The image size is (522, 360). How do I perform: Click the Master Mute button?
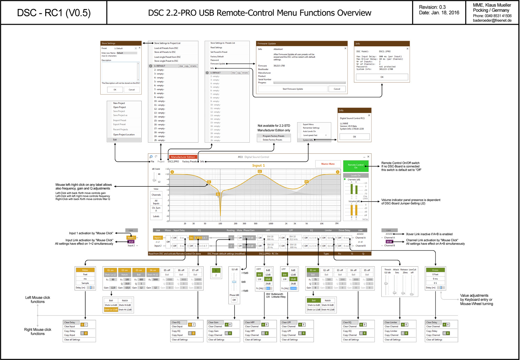point(328,164)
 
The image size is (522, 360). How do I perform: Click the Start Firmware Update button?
point(293,89)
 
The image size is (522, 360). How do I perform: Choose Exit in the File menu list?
point(115,140)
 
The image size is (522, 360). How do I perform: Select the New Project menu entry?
point(119,103)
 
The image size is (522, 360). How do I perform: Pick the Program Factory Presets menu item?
point(274,136)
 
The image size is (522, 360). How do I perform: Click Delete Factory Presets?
point(272,140)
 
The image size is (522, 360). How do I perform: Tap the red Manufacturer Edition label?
point(183,157)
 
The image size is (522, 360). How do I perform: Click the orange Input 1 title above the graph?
point(259,166)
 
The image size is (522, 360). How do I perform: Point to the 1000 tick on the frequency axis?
point(271,224)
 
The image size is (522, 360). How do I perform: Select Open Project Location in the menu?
point(124,135)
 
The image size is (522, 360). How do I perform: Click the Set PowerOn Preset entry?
point(219,52)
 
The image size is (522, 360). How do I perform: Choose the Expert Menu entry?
point(308,125)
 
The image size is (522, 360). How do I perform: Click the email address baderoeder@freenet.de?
point(492,21)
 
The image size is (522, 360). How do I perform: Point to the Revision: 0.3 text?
point(432,7)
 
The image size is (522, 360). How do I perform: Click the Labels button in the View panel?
point(156,216)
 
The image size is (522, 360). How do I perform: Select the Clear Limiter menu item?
point(391,322)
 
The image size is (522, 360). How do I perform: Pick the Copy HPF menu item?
point(250,331)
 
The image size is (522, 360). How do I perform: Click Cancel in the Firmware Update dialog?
point(337,89)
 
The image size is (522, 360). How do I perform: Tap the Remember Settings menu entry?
point(311,128)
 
